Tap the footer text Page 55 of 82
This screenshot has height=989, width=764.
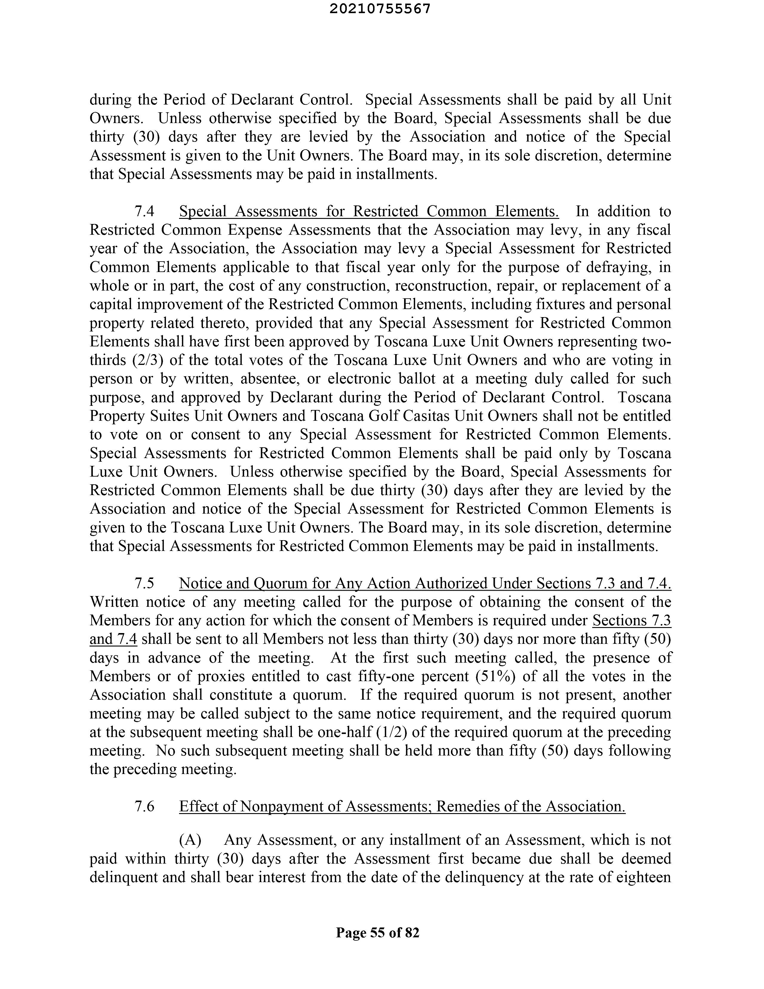pyautogui.click(x=378, y=933)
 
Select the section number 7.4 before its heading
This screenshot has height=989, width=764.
pyautogui.click(x=144, y=211)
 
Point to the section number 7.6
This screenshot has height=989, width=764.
pyautogui.click(x=144, y=807)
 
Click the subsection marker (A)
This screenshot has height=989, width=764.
pyautogui.click(x=190, y=840)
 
